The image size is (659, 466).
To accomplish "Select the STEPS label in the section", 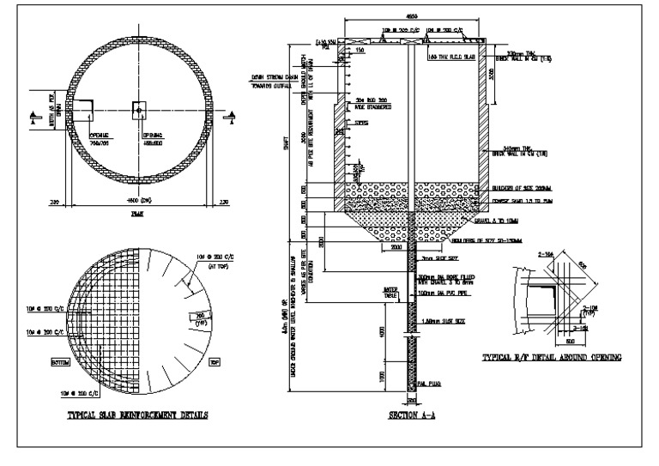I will [364, 123].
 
